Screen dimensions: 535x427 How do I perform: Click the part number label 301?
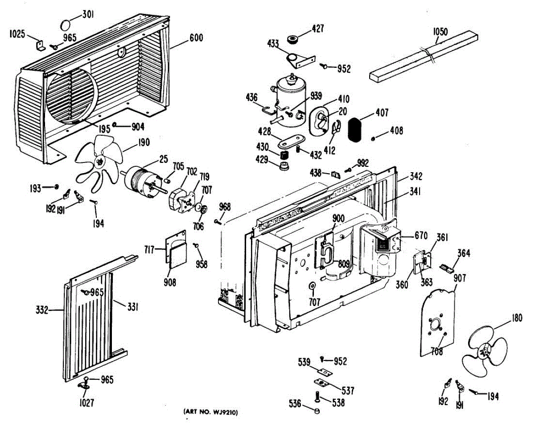(x=88, y=15)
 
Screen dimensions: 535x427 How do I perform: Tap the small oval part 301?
(x=66, y=25)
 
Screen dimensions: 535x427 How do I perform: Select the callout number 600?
(x=196, y=38)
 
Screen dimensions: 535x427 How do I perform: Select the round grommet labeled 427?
(x=292, y=40)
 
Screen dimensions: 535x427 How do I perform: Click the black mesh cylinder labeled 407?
(x=355, y=130)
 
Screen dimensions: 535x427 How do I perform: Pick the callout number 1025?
(x=17, y=34)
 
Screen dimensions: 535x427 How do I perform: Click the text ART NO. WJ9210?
(x=210, y=413)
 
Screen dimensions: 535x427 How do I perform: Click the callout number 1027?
(x=86, y=402)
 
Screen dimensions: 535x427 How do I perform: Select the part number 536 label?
(x=295, y=404)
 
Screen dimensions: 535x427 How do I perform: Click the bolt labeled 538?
(x=317, y=398)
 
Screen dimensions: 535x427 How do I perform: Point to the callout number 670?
(x=421, y=236)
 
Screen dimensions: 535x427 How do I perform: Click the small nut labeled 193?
(x=57, y=187)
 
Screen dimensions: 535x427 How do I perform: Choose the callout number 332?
(x=42, y=310)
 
